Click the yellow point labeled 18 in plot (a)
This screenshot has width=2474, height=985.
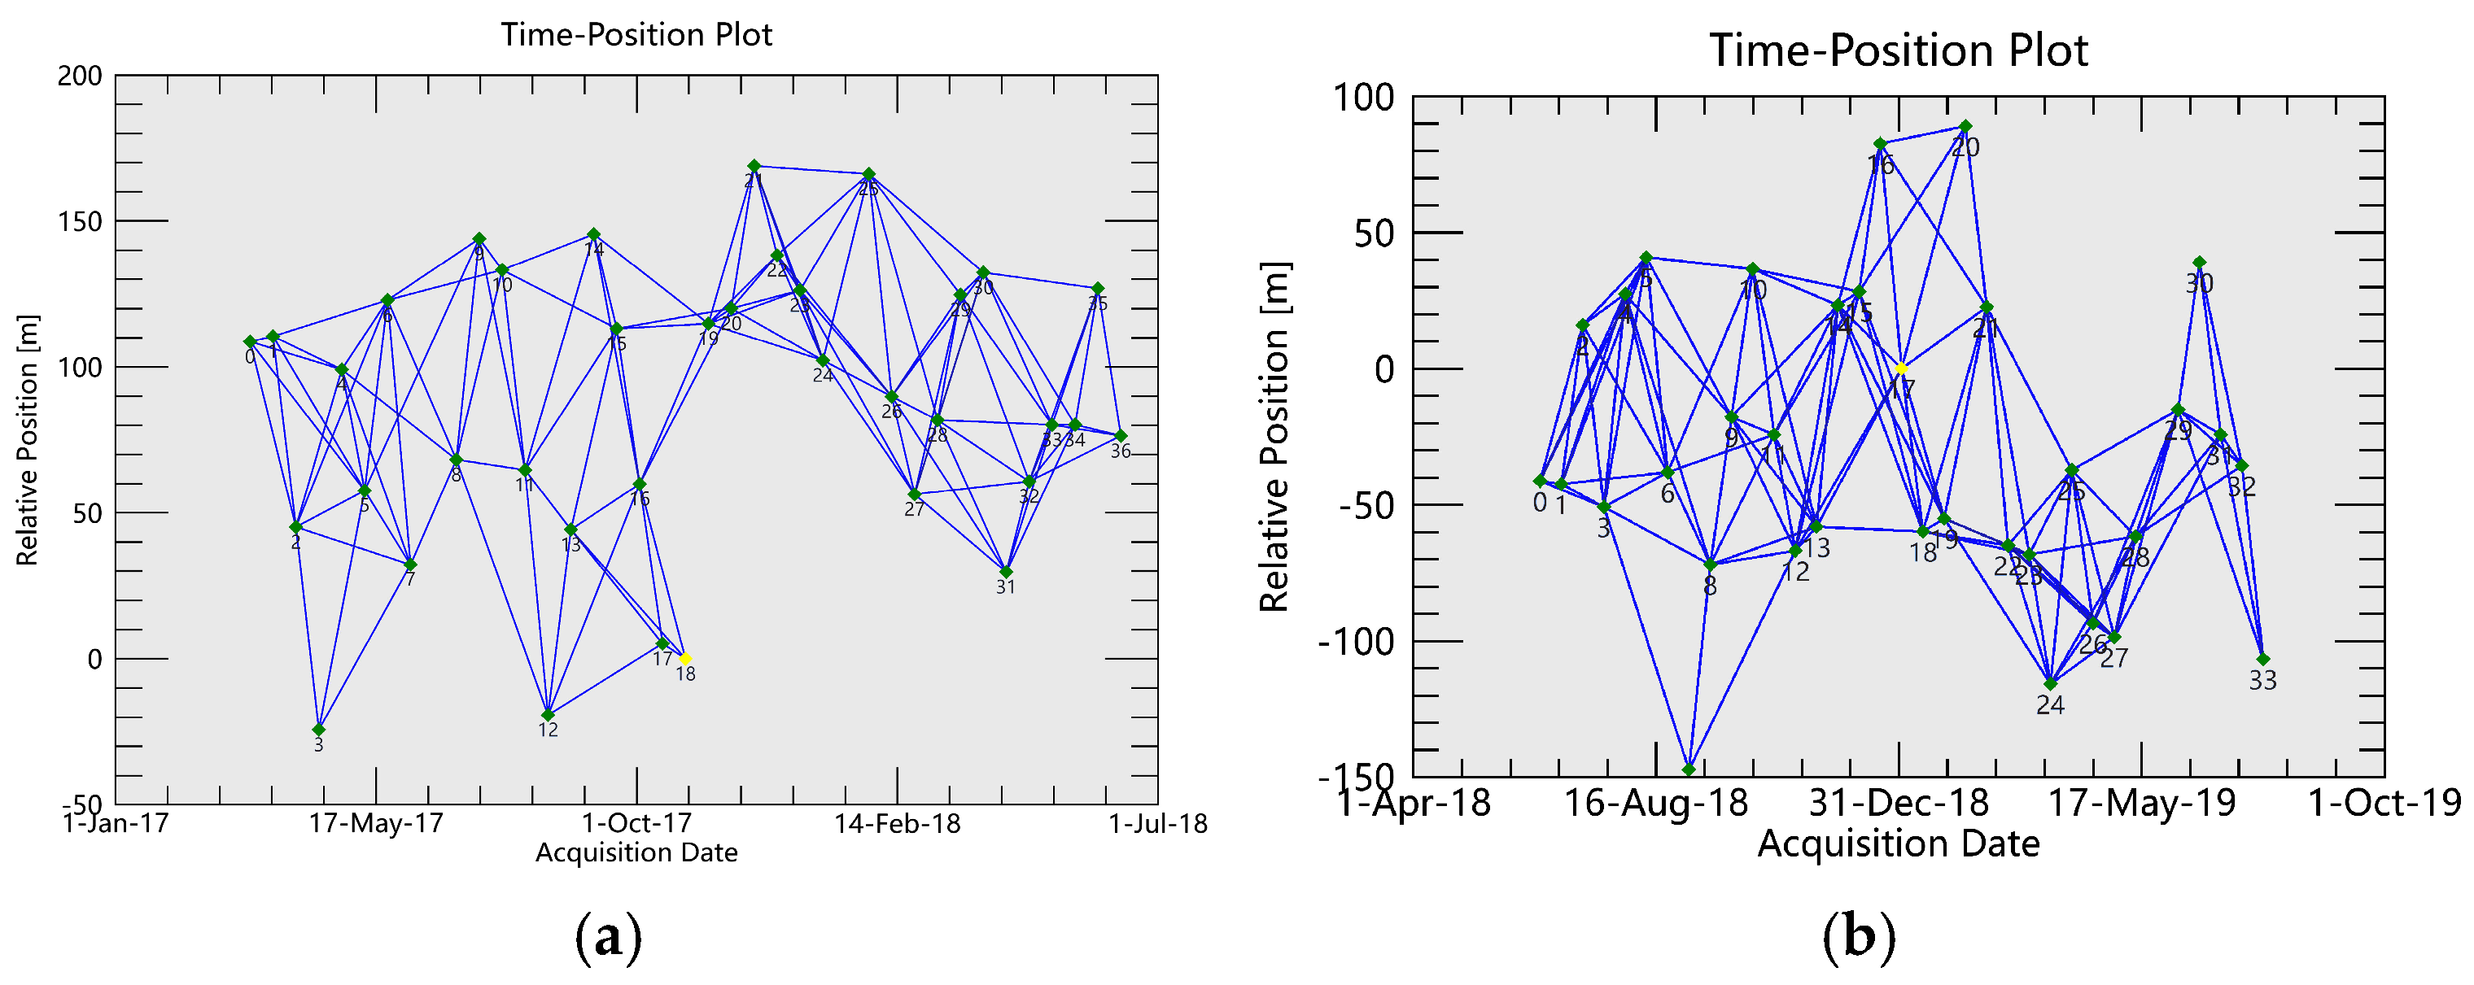click(684, 659)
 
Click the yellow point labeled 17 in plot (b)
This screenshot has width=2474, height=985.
click(1900, 368)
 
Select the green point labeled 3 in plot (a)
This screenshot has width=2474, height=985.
click(319, 730)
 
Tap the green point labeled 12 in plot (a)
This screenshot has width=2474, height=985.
click(548, 715)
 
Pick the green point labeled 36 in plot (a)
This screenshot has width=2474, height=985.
click(1121, 436)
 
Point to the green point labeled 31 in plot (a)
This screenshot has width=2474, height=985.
click(1006, 572)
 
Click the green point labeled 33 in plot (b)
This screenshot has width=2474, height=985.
click(2262, 660)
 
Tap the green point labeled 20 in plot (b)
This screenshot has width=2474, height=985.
click(1966, 127)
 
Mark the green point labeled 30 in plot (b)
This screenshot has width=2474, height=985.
click(2199, 262)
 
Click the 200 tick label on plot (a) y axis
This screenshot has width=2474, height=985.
click(80, 76)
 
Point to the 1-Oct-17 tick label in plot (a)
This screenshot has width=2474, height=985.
click(636, 824)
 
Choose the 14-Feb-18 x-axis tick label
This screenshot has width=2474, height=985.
click(897, 824)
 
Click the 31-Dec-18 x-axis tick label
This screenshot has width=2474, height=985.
click(1899, 803)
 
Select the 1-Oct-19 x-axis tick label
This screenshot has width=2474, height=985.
click(2384, 803)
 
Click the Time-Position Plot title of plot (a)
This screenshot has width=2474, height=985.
click(636, 34)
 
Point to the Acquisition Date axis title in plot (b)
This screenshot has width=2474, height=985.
click(1899, 843)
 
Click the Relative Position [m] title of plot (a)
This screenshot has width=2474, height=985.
click(27, 440)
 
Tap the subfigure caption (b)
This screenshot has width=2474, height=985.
click(1859, 937)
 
